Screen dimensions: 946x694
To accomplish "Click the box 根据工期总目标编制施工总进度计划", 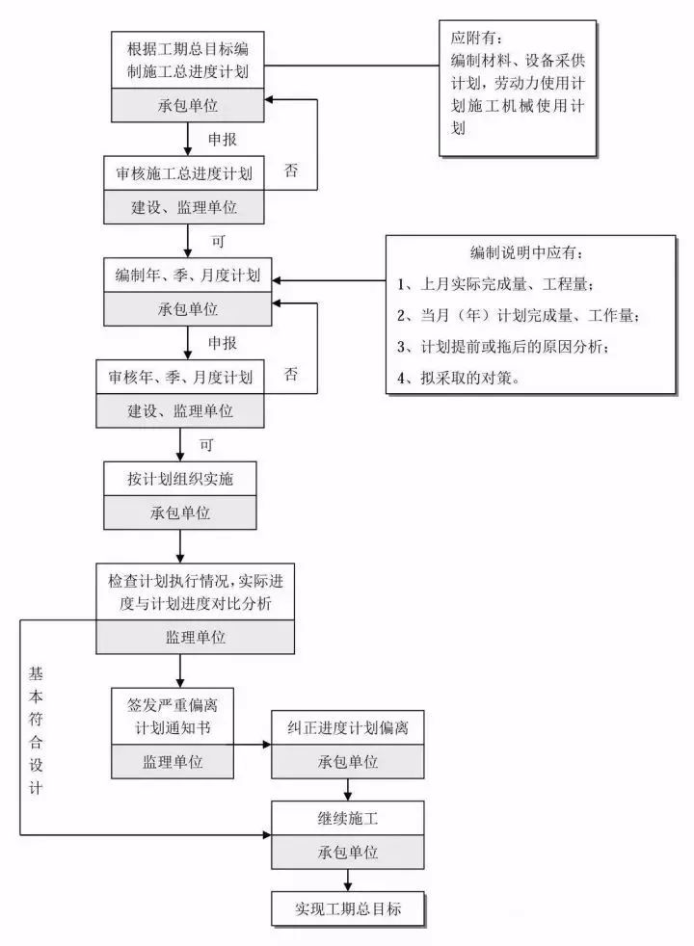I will pyautogui.click(x=186, y=60).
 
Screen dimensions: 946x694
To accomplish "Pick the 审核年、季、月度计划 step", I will pyautogui.click(x=180, y=378).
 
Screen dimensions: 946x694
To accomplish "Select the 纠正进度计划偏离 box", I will pyautogui.click(x=347, y=728).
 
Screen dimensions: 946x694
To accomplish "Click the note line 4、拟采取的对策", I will pyautogui.click(x=458, y=378).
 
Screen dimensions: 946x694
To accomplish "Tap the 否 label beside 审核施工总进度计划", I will pyautogui.click(x=290, y=171).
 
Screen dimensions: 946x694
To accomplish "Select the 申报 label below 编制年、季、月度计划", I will pyautogui.click(x=223, y=342).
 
